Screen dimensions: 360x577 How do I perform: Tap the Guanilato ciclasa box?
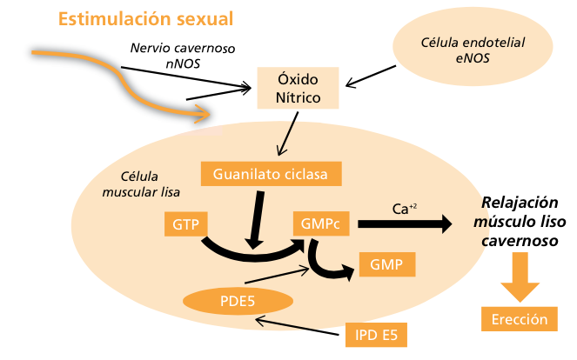pos(270,173)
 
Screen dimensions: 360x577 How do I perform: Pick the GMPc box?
pos(321,224)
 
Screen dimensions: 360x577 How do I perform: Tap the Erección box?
pos(519,319)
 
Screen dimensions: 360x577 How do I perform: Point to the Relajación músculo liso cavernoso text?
pos(520,221)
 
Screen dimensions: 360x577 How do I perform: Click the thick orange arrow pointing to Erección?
pos(520,273)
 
